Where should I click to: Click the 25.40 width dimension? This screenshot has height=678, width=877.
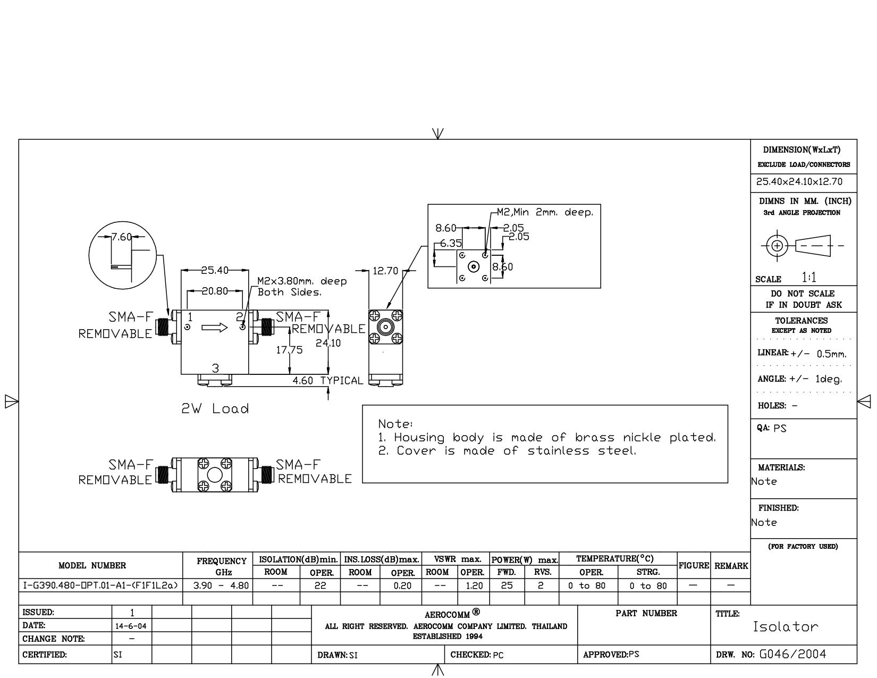click(x=214, y=270)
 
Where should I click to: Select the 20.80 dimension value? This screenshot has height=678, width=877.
click(x=214, y=291)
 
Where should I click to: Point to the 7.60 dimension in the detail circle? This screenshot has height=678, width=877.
click(x=122, y=237)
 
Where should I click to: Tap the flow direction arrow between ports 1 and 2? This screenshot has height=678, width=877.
click(x=215, y=328)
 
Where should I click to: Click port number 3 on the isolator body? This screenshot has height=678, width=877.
click(x=215, y=369)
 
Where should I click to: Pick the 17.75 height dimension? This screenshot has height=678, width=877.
click(x=289, y=350)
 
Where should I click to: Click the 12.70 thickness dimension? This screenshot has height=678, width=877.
click(x=385, y=271)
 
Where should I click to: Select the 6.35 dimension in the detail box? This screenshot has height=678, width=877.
click(x=451, y=244)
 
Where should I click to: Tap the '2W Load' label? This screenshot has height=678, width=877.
click(x=215, y=408)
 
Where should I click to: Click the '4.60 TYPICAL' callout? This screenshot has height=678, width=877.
click(x=328, y=381)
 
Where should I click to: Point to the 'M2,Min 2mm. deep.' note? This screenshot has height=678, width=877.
click(x=545, y=212)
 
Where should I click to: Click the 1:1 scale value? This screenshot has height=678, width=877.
click(x=809, y=278)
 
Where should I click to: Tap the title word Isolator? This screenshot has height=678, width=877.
click(x=786, y=626)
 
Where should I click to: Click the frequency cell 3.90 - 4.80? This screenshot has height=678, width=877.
click(x=221, y=585)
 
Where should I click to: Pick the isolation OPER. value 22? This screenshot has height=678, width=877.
click(x=320, y=585)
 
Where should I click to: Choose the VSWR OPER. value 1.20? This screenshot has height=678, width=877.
click(x=474, y=585)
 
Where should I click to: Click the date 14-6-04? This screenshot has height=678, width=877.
click(x=131, y=626)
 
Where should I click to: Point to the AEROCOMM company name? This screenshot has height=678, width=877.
click(x=447, y=615)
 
